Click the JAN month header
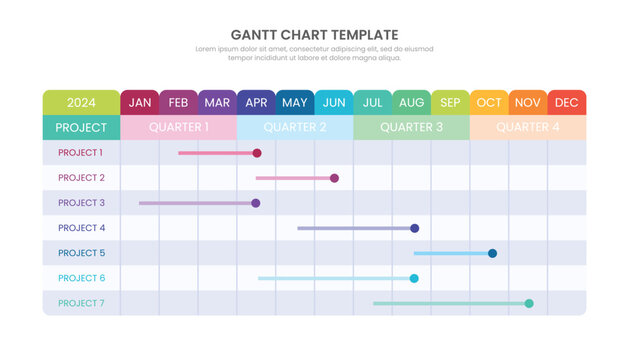(x=140, y=102)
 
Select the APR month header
(x=256, y=102)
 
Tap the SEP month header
(x=450, y=102)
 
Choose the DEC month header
(x=566, y=102)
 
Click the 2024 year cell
(x=81, y=102)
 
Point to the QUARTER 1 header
(x=179, y=127)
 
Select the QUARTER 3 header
(x=411, y=127)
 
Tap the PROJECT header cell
(x=81, y=127)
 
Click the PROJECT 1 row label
(x=80, y=153)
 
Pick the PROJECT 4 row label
(x=80, y=228)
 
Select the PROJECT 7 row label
(x=80, y=303)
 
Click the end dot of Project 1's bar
(x=257, y=153)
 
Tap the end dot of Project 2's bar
(x=334, y=178)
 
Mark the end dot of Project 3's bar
(x=256, y=203)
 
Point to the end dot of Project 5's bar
(x=492, y=253)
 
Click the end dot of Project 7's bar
(x=529, y=303)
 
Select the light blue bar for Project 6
(x=335, y=278)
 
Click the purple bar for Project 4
(x=355, y=228)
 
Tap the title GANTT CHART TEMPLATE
(x=314, y=35)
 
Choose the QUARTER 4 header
(x=528, y=127)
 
